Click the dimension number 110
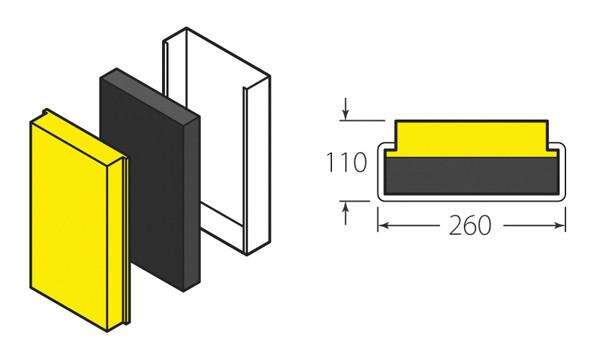(x=348, y=162)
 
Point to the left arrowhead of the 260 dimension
(x=383, y=225)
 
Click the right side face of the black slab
(x=192, y=200)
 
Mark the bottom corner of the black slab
(x=184, y=291)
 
